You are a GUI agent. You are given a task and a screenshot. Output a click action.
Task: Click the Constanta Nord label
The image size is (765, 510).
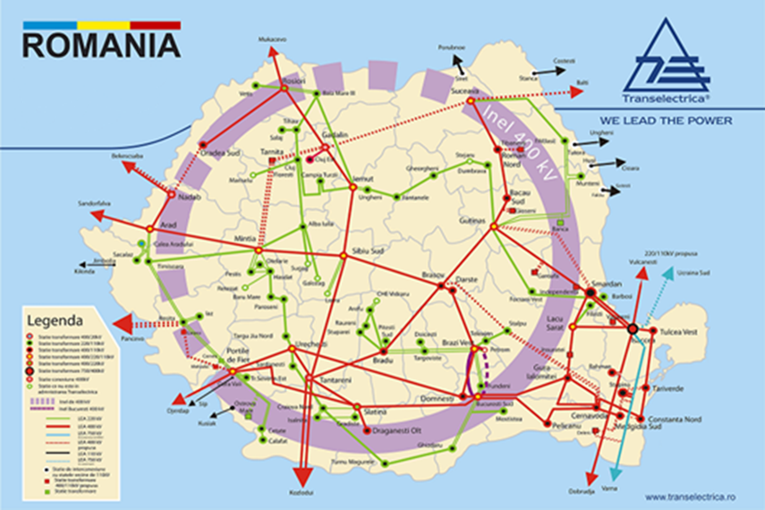click(x=674, y=420)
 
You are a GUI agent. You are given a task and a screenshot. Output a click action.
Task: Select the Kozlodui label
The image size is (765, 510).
click(x=302, y=492)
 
